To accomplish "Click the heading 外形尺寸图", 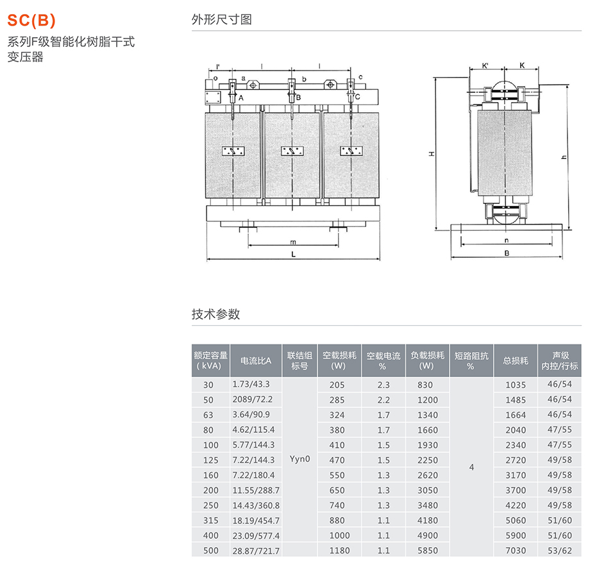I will (221, 19).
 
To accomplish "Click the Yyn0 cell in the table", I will (299, 459).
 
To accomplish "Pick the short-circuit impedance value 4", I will (471, 468).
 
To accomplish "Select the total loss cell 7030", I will (516, 550).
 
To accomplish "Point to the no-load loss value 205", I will (337, 385).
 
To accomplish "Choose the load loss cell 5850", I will (426, 550).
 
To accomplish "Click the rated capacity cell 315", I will (208, 520).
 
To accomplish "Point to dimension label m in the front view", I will (292, 242).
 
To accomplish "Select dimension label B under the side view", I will (506, 253).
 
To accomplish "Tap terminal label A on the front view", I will (240, 98).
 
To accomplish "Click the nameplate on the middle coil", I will (292, 151).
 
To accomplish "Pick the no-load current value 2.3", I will (383, 385).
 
